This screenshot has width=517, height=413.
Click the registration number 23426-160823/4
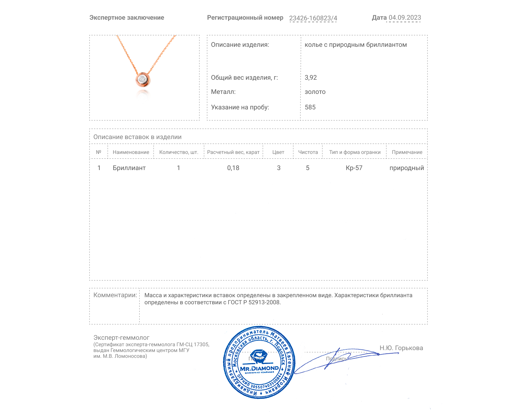[313, 18]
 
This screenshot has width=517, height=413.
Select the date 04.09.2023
[405, 18]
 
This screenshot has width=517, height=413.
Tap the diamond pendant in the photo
[143, 79]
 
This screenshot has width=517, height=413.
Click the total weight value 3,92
[311, 77]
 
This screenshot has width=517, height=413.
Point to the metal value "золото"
[315, 92]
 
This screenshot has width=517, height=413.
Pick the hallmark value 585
[310, 107]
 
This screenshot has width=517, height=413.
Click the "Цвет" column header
[278, 152]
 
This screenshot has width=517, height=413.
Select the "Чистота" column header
[308, 152]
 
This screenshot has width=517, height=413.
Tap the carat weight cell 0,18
[233, 168]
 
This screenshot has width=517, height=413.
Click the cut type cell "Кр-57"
[354, 168]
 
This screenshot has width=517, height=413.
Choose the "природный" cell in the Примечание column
[406, 168]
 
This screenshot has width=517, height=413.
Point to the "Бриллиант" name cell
[129, 168]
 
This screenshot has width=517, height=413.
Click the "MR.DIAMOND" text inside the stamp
[259, 368]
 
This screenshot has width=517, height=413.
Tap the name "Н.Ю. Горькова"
[401, 348]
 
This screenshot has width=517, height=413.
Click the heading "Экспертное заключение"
[127, 18]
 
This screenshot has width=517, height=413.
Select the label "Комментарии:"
[115, 295]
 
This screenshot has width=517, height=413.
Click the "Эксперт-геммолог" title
[121, 337]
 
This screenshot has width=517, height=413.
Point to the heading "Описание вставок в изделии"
[137, 137]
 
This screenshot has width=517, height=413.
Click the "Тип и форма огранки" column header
[354, 152]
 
